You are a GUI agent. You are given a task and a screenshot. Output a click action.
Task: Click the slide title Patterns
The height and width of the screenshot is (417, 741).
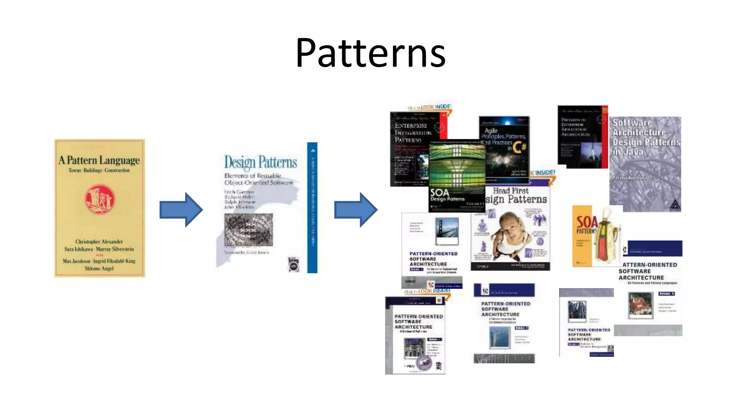click(x=370, y=54)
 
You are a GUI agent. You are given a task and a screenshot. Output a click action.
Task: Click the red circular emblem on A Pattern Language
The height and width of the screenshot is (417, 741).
click(x=100, y=199)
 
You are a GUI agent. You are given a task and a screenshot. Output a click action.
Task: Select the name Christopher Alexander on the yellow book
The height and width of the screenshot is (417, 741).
click(x=99, y=241)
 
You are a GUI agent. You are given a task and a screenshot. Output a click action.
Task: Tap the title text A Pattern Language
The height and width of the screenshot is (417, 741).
click(x=99, y=160)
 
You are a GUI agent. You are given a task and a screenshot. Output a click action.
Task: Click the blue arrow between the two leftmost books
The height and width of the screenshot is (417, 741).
click(x=181, y=210)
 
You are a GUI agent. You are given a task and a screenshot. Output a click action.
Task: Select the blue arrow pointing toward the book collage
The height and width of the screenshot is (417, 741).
click(x=356, y=210)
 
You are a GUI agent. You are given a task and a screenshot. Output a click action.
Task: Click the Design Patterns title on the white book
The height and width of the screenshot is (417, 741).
click(x=261, y=162)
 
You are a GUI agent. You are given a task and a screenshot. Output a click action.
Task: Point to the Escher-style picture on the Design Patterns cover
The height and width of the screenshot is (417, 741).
click(x=249, y=229)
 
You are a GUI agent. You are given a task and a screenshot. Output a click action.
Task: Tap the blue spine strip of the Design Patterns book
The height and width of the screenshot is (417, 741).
click(x=312, y=208)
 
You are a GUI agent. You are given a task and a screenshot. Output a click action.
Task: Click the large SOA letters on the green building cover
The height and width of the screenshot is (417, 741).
click(x=439, y=193)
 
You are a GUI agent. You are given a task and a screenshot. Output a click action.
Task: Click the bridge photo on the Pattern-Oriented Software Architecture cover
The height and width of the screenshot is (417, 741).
click(x=447, y=230)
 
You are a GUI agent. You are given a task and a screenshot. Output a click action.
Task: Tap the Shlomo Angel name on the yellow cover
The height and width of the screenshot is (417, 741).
click(x=99, y=268)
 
